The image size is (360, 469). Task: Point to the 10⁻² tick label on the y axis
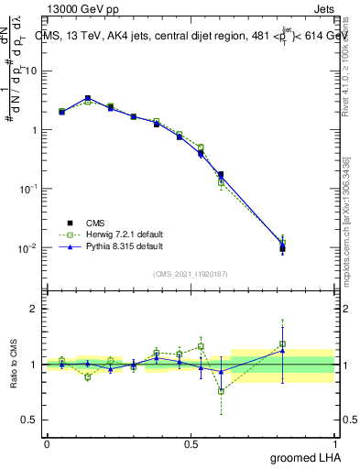(27, 247)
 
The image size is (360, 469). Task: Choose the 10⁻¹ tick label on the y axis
(27, 188)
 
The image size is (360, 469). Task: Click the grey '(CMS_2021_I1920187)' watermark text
(191, 273)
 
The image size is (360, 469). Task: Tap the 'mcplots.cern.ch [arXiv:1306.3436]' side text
(345, 220)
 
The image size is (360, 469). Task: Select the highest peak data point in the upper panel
(88, 98)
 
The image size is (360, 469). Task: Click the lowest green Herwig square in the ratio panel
(221, 391)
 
